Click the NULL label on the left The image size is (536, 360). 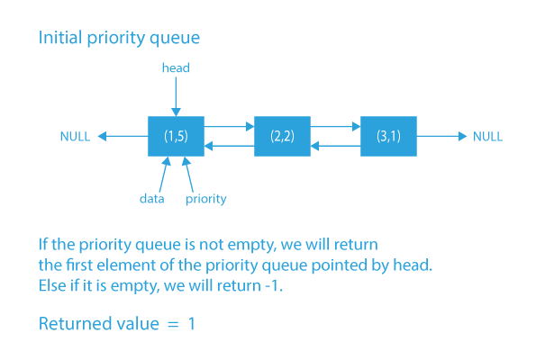[75, 137]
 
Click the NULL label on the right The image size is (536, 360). [487, 137]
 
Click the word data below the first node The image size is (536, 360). [150, 199]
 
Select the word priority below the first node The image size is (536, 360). [205, 199]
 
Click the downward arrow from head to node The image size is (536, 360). [176, 94]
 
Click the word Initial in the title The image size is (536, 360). [60, 39]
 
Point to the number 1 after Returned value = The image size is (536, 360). [191, 323]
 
